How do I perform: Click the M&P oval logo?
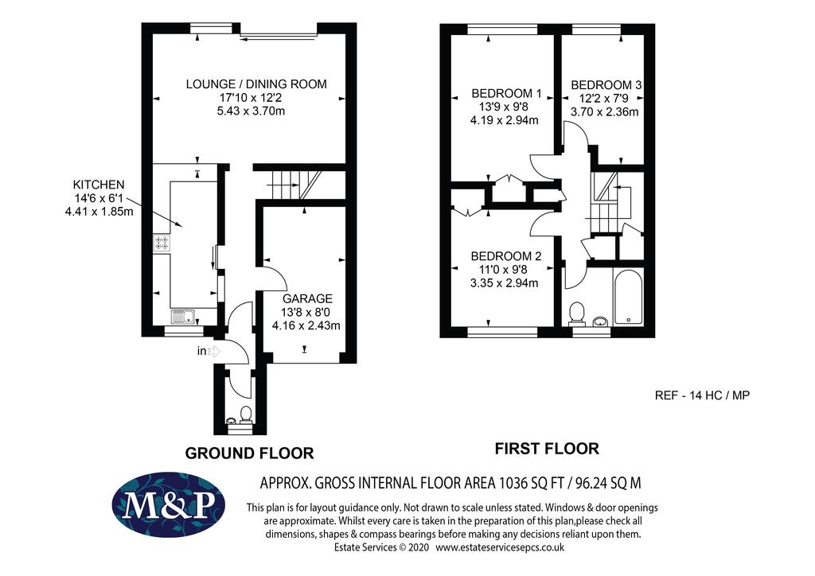coord(169,504)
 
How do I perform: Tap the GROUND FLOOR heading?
coord(249,453)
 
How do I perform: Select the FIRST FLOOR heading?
coord(547,448)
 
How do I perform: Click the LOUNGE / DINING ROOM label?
coord(256,84)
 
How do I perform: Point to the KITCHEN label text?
coord(99,185)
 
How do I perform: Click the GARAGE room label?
coord(307,298)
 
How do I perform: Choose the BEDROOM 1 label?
coord(506,94)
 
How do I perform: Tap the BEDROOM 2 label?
coord(505,256)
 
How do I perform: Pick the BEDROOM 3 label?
coord(606,84)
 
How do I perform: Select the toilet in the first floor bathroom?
coord(577,313)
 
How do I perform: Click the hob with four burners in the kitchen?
coord(162,243)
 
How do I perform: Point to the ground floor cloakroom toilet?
coord(246,413)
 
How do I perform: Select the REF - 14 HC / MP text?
coord(702,395)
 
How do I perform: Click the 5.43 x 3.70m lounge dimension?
coord(251,111)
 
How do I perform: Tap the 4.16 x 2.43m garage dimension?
coord(306,325)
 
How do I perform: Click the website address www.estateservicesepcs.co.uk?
coord(500,547)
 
